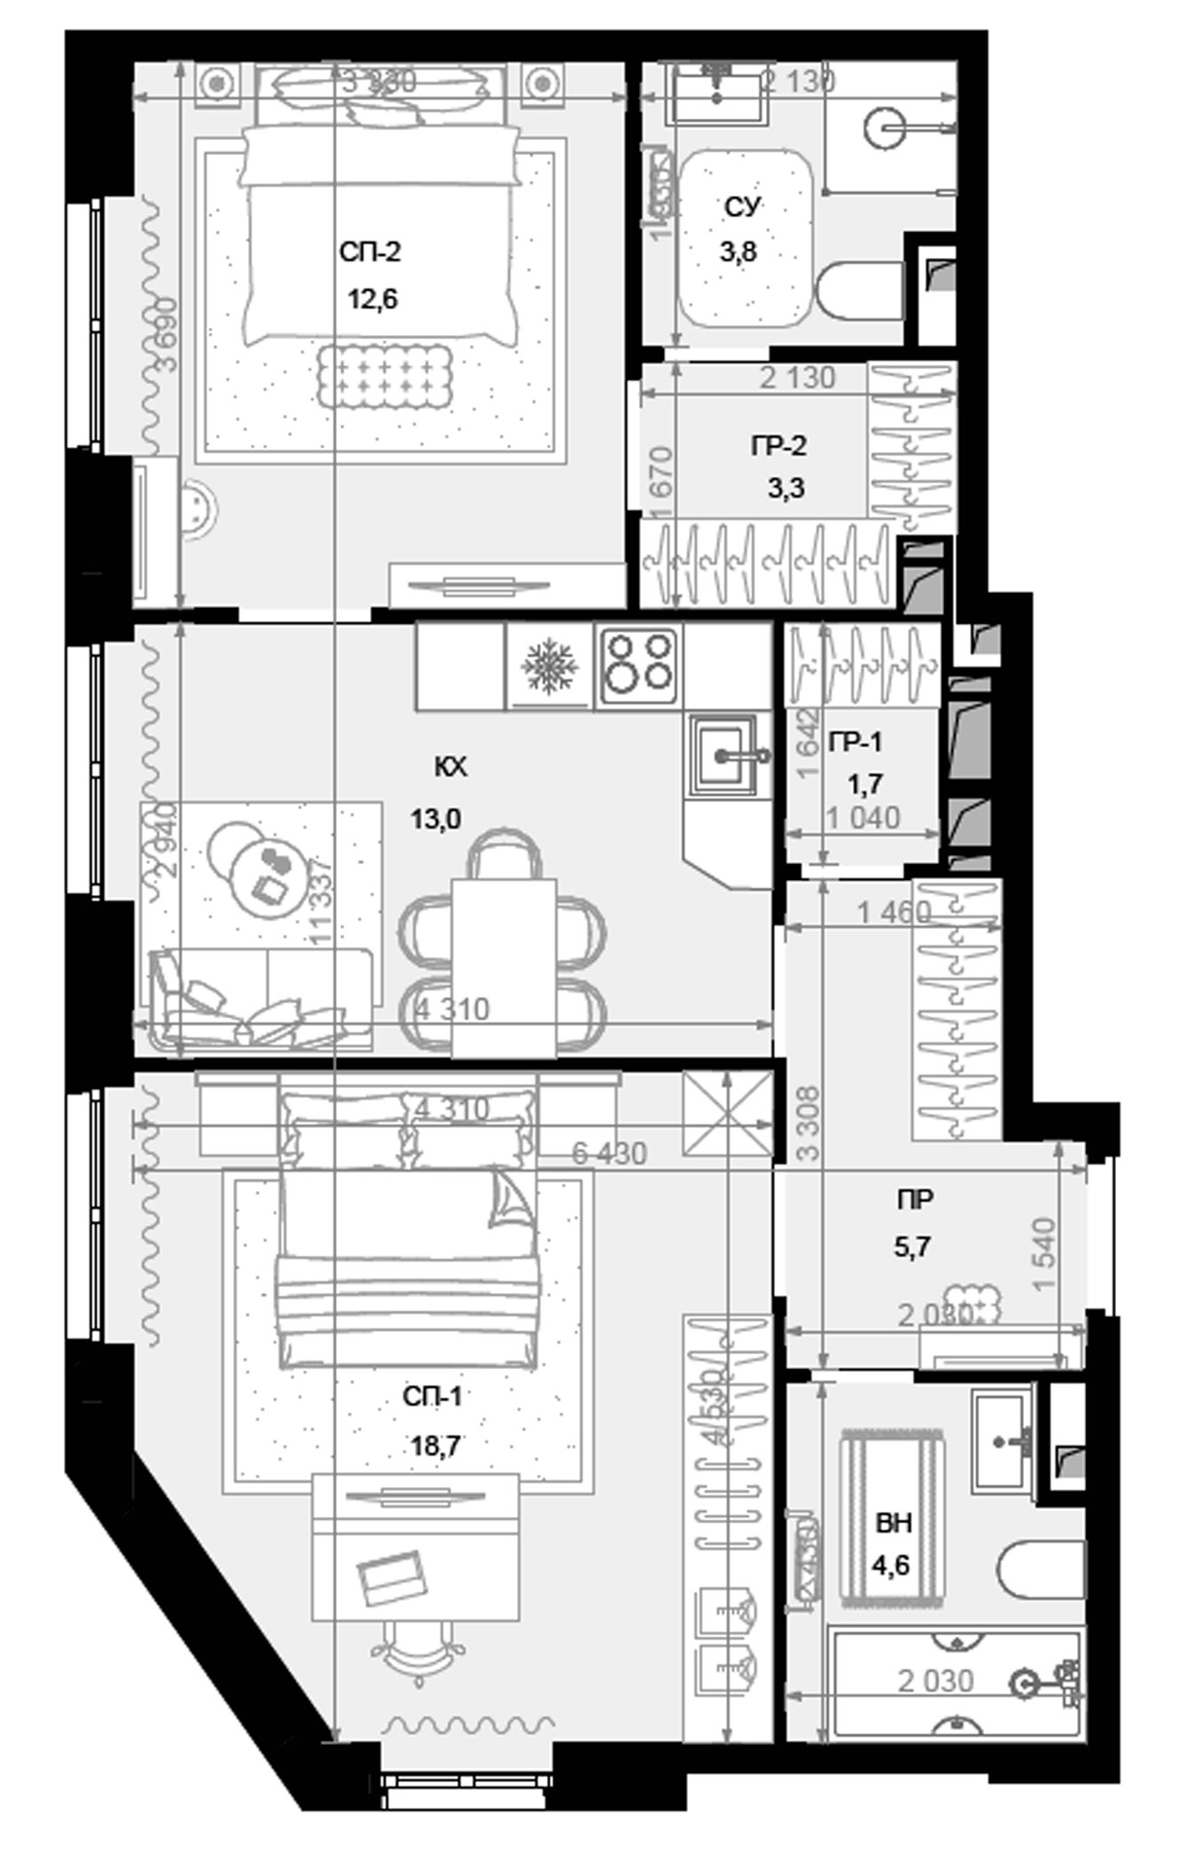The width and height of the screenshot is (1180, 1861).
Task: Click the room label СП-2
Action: click(370, 253)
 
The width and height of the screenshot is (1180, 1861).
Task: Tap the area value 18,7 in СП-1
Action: click(434, 1446)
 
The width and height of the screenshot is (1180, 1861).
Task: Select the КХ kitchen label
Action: click(450, 767)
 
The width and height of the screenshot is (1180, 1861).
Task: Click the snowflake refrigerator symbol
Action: click(550, 665)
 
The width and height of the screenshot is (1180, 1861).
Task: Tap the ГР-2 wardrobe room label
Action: click(778, 446)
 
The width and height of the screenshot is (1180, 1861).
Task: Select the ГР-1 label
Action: click(856, 742)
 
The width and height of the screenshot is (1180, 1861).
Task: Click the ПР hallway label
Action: click(915, 1200)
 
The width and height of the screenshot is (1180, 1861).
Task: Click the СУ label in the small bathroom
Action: click(742, 206)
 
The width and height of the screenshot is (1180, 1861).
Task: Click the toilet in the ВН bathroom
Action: click(1042, 1569)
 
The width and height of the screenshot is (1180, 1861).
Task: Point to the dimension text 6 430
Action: click(609, 1153)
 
